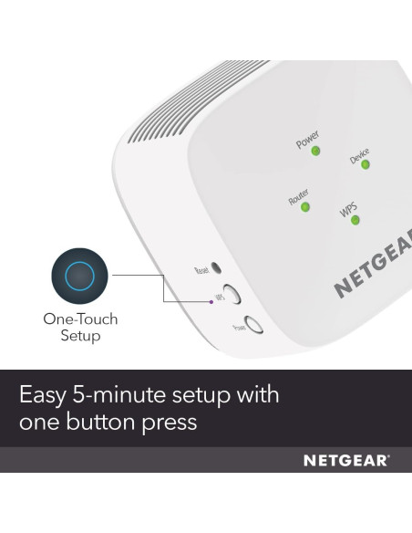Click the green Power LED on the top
point(315,150)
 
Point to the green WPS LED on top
point(355,219)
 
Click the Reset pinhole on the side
point(215,270)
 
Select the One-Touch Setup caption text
point(80,328)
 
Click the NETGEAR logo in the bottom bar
point(346,461)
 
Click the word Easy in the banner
point(46,396)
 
